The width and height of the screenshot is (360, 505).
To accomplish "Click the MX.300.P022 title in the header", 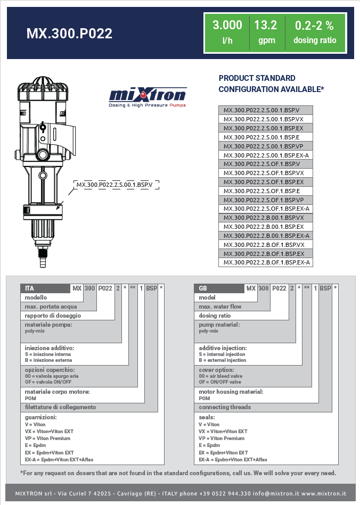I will (69, 34).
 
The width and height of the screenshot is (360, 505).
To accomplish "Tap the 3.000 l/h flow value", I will (227, 32).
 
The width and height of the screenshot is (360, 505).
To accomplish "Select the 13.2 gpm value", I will (265, 32).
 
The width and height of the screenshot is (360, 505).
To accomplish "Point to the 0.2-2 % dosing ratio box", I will (315, 32).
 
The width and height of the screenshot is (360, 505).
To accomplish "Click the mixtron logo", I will (148, 97).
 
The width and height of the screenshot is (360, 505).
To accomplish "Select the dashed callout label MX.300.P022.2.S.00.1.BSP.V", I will (114, 185).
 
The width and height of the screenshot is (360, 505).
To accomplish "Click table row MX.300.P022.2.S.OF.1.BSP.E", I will (266, 191).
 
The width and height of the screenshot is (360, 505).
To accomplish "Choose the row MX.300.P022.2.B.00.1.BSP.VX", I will (266, 218).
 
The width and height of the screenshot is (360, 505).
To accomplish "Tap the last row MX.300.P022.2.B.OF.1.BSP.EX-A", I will (266, 262).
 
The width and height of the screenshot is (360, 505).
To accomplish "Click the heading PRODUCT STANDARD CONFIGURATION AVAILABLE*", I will (271, 84).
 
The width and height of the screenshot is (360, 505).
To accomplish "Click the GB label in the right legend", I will (203, 288).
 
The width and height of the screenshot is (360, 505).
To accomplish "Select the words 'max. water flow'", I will (220, 307).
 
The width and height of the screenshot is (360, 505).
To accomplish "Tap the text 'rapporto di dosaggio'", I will (53, 316).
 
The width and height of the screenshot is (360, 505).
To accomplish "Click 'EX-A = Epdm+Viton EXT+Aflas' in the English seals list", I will (233, 459).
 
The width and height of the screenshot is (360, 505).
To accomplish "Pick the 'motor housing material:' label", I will (231, 392).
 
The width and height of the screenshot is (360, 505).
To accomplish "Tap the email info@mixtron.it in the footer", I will (274, 493).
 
